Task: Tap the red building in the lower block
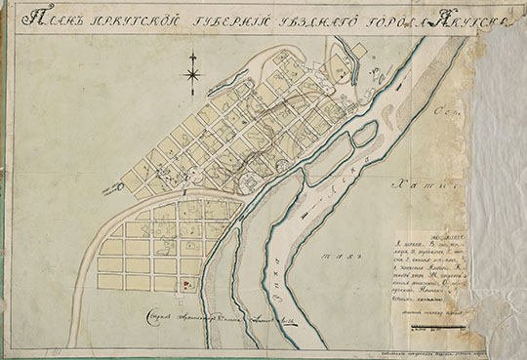click(x=188, y=283)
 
